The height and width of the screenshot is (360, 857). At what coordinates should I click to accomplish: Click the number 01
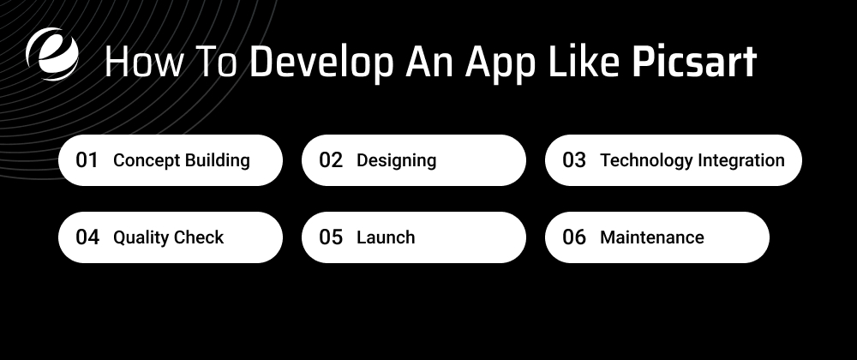tap(87, 160)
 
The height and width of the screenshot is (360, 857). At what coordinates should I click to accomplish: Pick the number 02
tap(331, 160)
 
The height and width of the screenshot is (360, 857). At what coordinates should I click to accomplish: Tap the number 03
tap(574, 160)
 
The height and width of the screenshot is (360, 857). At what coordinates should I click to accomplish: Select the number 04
tap(87, 237)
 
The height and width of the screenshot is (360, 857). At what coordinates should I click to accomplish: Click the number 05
tap(331, 237)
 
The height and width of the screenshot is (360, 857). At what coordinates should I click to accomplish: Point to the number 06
tap(574, 237)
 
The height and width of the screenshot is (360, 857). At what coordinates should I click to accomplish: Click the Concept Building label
tap(182, 160)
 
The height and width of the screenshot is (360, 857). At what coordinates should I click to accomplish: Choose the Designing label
tap(396, 160)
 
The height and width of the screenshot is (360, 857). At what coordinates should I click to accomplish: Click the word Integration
tap(741, 160)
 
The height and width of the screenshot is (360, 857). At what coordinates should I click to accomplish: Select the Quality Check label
tap(168, 237)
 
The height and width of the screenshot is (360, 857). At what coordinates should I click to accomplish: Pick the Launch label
tap(386, 237)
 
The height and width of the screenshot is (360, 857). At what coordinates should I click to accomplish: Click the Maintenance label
tap(652, 237)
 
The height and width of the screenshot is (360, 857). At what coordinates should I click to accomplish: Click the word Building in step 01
tap(218, 160)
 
